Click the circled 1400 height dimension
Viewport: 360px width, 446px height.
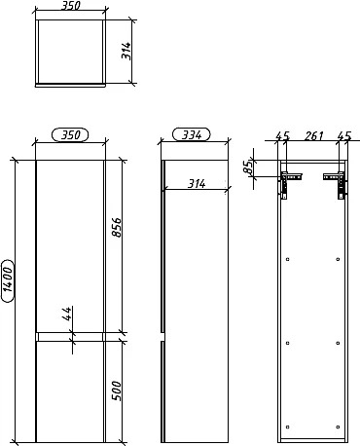click(8, 280)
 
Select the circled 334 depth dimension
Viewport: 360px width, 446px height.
click(192, 134)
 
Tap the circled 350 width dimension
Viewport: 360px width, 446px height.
click(70, 135)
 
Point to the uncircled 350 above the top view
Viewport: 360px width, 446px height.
click(70, 6)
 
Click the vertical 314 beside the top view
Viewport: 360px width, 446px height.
click(126, 51)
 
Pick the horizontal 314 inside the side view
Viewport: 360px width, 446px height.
click(197, 184)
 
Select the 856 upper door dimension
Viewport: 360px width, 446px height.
click(116, 227)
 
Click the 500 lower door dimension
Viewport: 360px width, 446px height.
click(116, 390)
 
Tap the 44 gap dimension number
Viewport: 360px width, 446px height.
click(67, 314)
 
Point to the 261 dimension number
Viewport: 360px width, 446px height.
click(313, 135)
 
